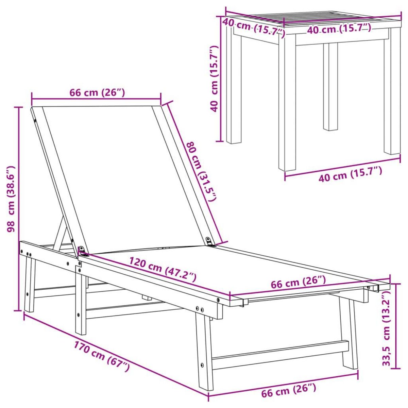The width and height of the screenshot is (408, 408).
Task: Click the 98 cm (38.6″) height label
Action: (x=11, y=199)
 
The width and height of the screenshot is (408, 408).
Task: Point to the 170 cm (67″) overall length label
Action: (x=102, y=356)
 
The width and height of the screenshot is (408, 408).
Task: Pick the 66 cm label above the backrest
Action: (x=97, y=92)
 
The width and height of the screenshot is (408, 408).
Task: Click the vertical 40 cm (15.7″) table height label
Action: (x=214, y=79)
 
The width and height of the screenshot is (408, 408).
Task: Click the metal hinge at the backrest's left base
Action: (x=82, y=251)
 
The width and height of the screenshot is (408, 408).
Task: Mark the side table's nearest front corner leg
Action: (x=287, y=102)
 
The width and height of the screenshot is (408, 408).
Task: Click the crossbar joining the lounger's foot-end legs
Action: (x=279, y=354)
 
